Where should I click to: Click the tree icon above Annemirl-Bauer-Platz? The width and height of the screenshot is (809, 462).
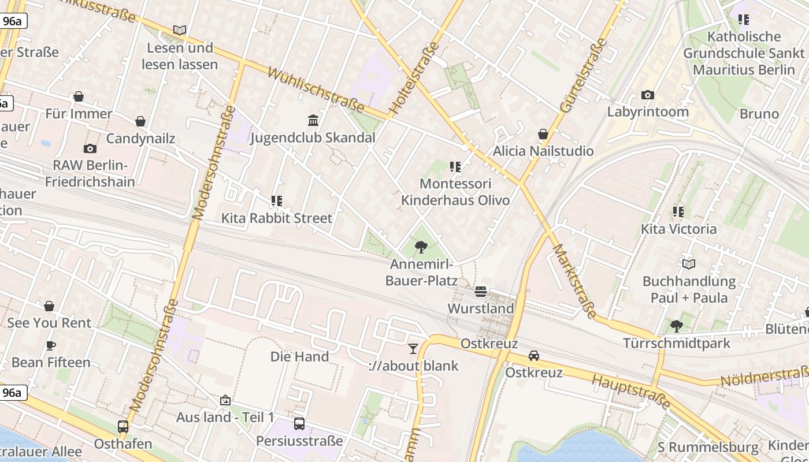[421, 247]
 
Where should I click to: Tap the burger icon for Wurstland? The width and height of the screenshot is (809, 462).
[481, 292]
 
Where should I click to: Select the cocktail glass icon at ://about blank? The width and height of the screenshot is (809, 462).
[413, 348]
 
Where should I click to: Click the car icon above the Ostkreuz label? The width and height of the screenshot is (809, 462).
[534, 356]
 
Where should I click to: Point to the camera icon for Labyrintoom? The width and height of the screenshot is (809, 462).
[647, 95]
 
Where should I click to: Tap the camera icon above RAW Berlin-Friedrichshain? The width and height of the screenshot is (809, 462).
[90, 148]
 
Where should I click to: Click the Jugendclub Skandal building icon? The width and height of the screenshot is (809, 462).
[313, 120]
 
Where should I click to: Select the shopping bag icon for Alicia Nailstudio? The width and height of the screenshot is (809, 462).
[543, 134]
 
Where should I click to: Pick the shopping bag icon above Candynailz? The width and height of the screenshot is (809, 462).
[140, 121]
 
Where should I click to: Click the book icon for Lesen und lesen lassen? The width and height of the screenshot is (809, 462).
[180, 30]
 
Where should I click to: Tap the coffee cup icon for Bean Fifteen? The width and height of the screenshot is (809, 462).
[51, 345]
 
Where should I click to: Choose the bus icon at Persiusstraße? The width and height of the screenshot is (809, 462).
[299, 424]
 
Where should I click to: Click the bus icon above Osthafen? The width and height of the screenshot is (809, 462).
[123, 427]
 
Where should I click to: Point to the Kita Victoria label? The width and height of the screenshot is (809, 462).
[678, 229]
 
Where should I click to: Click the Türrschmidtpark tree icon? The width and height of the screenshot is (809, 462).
[676, 326]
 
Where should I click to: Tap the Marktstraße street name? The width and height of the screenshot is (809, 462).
[574, 281]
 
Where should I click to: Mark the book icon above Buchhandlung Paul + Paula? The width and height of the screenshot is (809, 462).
[689, 264]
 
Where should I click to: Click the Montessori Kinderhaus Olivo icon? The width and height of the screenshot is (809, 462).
[455, 167]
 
